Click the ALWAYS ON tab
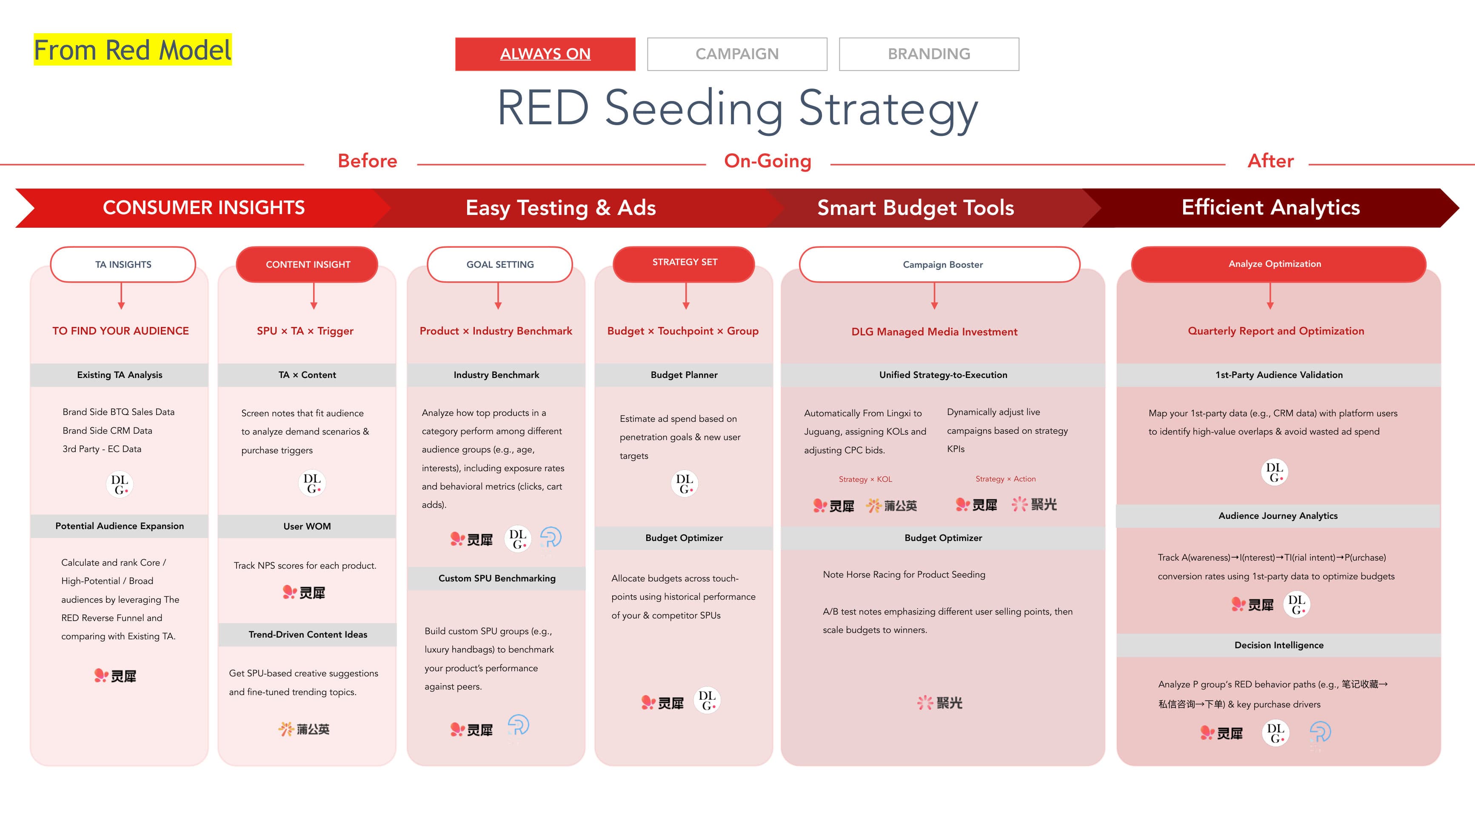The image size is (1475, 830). click(545, 54)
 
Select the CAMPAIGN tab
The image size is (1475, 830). click(736, 54)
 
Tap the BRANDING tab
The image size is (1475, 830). click(928, 54)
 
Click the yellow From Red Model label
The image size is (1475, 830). click(132, 50)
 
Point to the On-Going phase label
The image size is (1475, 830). click(767, 161)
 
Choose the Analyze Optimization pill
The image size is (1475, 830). click(1274, 264)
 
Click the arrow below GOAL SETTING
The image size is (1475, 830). click(498, 296)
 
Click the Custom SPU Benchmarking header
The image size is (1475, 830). click(496, 578)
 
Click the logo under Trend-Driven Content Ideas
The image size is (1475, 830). click(304, 729)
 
